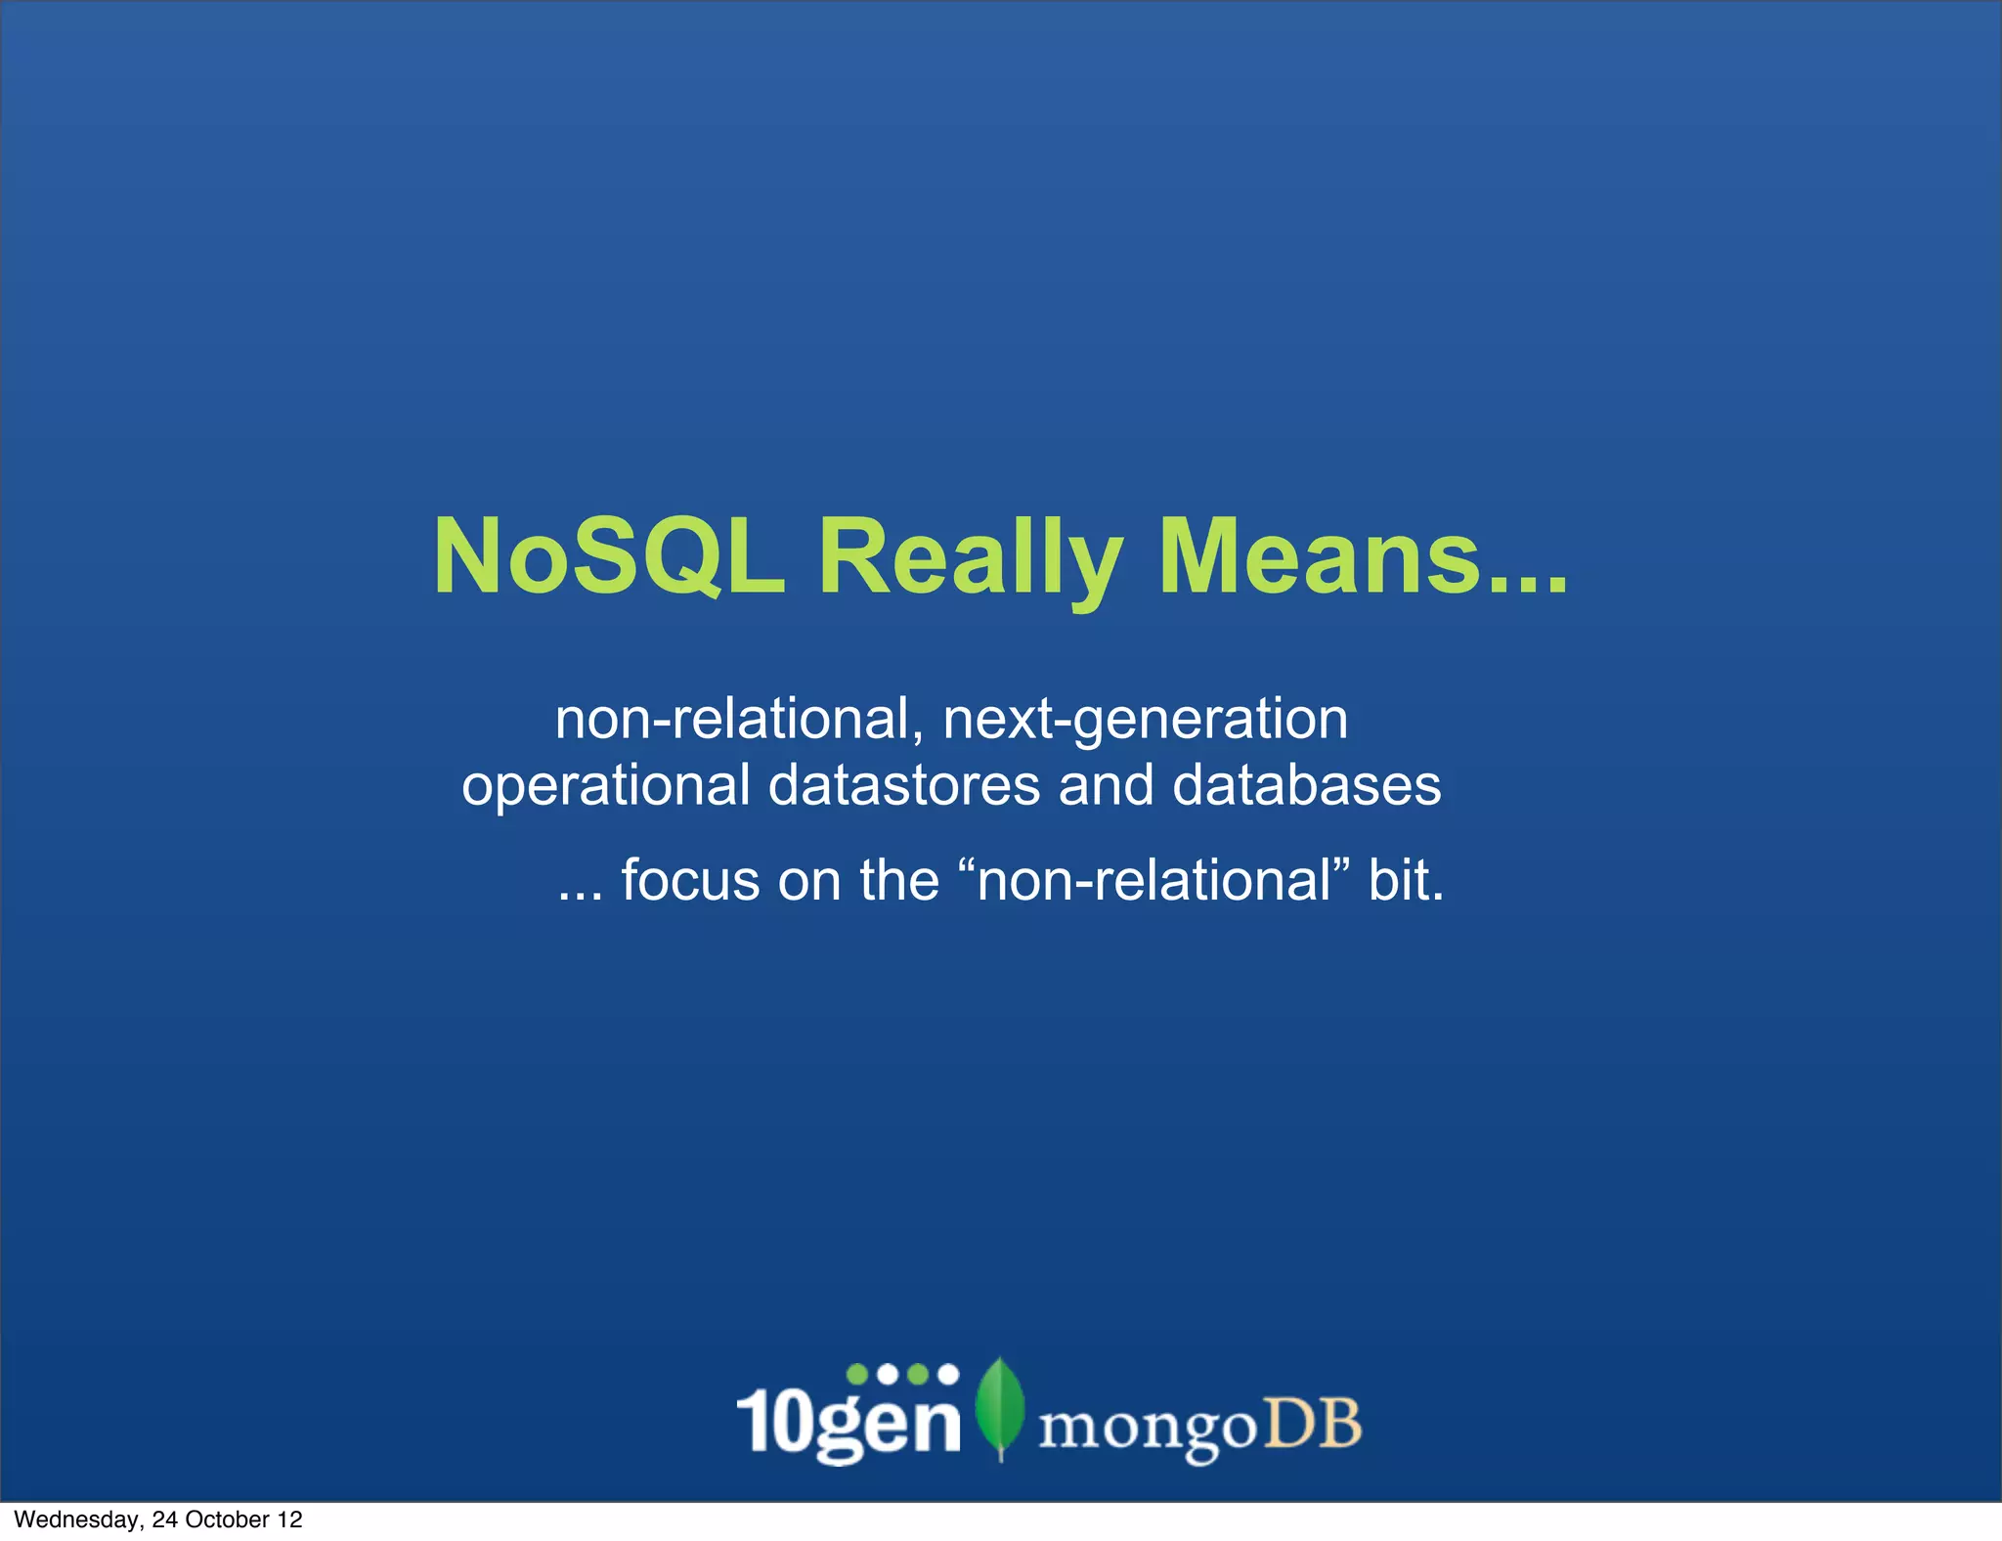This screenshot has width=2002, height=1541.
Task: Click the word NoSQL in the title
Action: coord(609,556)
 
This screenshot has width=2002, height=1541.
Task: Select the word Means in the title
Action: coord(1320,556)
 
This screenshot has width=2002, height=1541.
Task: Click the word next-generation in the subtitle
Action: coord(1145,721)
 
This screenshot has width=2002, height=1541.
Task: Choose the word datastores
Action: coord(903,785)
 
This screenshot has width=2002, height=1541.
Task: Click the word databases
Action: coord(1306,785)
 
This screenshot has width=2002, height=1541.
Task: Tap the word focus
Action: coord(690,880)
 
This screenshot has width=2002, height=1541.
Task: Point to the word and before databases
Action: coord(1106,785)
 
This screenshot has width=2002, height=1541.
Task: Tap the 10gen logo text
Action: coord(849,1418)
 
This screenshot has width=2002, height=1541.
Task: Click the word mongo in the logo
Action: coord(1147,1429)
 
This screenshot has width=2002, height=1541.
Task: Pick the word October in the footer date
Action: coord(226,1519)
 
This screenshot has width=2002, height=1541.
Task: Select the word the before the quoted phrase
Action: coord(898,880)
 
